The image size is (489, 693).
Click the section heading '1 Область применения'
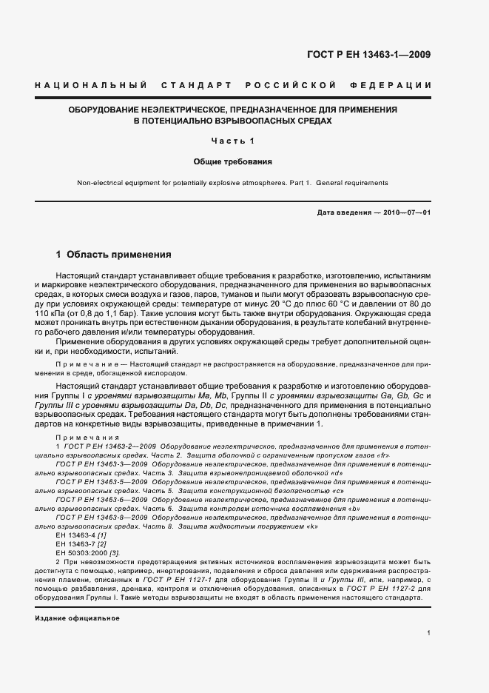(x=114, y=255)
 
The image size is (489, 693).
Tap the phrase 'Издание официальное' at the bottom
(x=77, y=617)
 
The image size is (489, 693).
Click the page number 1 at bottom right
(x=429, y=632)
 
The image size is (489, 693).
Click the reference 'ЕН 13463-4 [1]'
(x=70, y=534)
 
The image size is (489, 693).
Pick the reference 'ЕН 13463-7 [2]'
(x=70, y=543)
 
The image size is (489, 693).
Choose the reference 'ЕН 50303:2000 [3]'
(x=78, y=553)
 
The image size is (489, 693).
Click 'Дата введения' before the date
(x=344, y=213)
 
